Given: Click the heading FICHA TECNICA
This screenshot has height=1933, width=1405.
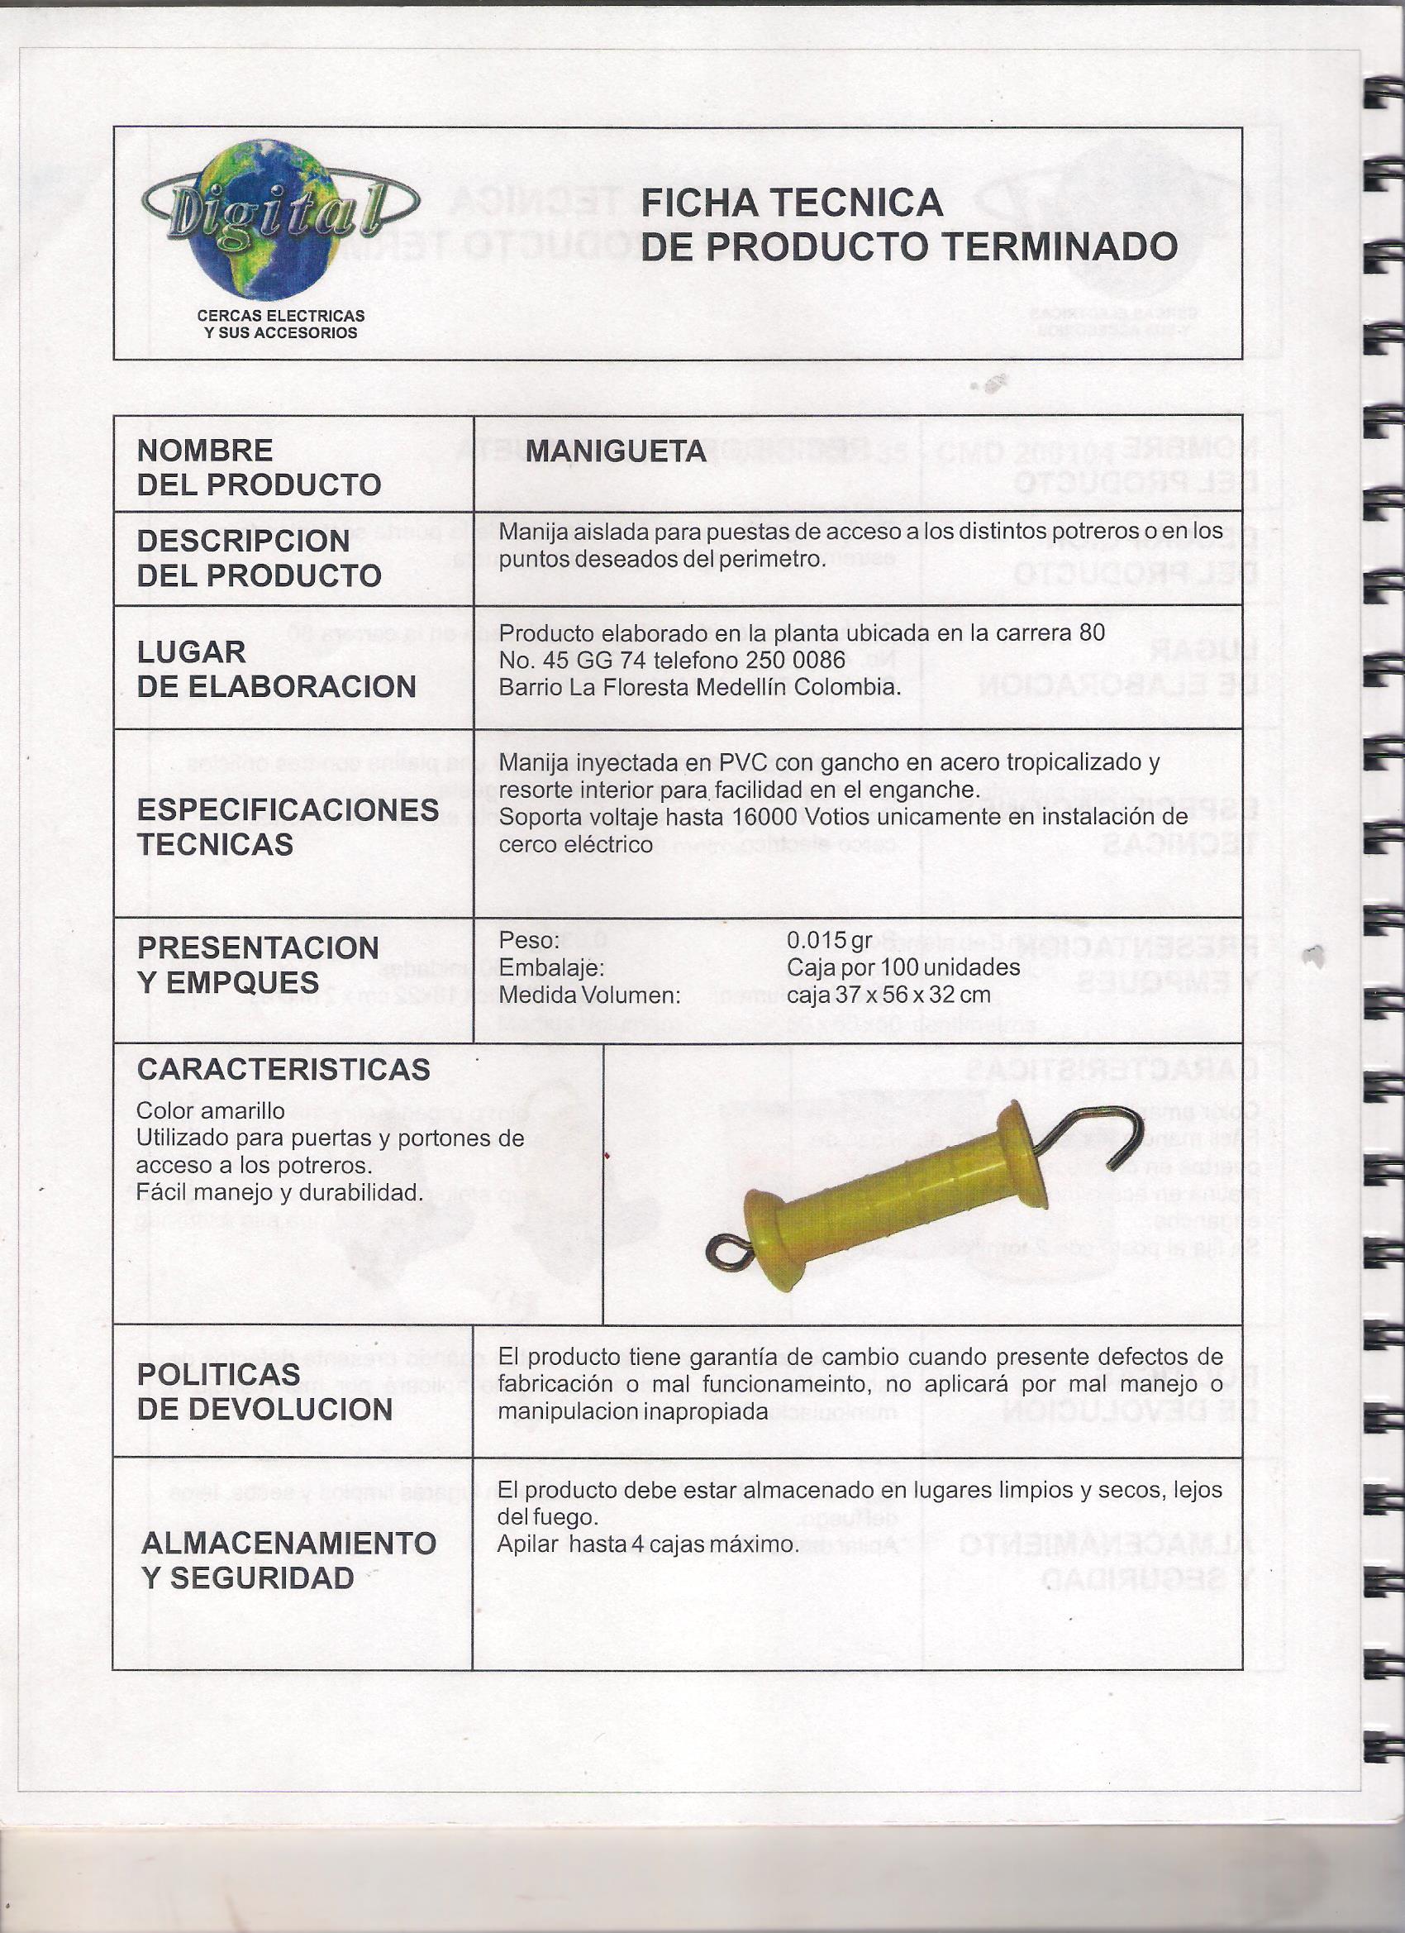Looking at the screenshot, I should tap(791, 203).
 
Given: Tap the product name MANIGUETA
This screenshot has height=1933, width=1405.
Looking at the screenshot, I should tap(615, 451).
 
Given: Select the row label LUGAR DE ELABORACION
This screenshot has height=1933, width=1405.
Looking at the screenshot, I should tap(276, 669).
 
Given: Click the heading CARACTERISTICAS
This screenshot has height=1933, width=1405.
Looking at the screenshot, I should tap(283, 1069).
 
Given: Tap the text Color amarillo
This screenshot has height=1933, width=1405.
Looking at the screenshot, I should tap(210, 1110).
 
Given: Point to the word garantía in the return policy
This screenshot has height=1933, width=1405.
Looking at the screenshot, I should tap(755, 1356).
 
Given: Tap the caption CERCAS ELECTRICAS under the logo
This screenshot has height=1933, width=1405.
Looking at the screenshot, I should tap(280, 315).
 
